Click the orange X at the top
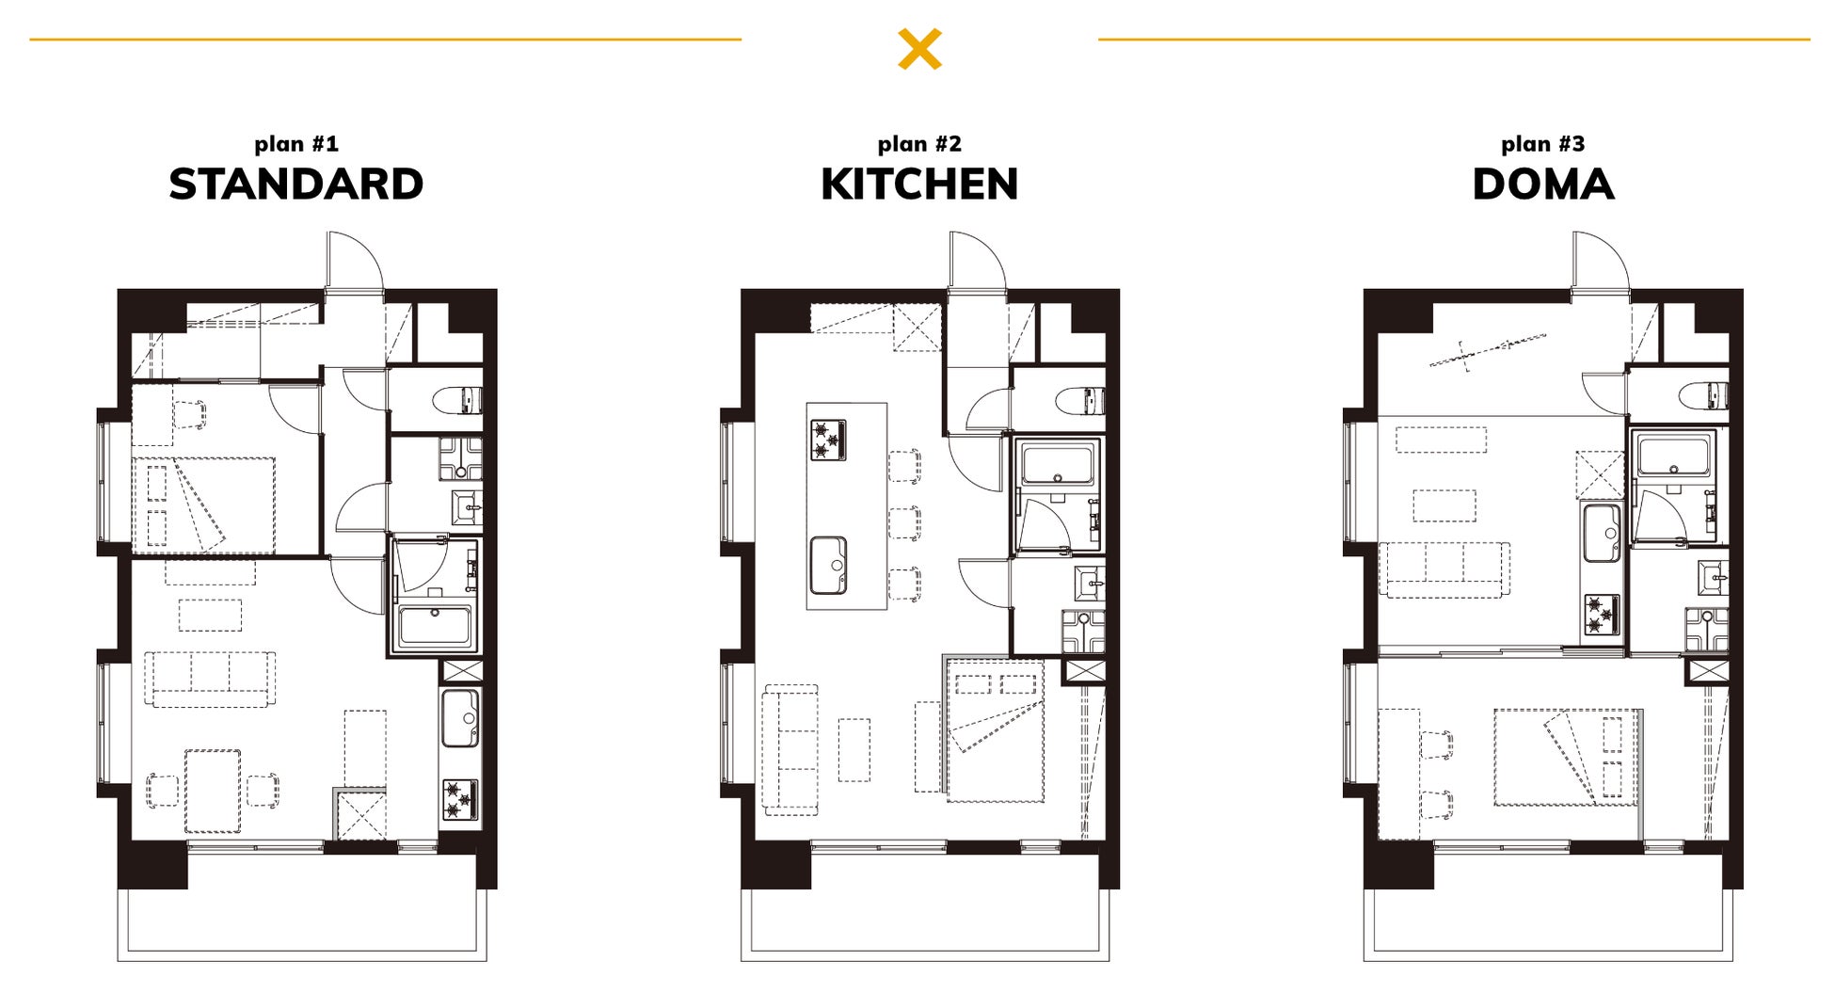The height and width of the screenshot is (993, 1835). tap(919, 49)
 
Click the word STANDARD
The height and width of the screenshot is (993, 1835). tap(296, 184)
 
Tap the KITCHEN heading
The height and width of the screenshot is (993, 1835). tap(919, 184)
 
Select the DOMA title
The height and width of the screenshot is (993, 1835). tap(1543, 184)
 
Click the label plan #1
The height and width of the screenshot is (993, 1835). tap(296, 144)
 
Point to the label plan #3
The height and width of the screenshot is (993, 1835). tap(1543, 144)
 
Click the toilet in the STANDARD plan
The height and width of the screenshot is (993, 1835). tap(458, 400)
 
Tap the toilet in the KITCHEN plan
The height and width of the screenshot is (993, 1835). tap(1081, 400)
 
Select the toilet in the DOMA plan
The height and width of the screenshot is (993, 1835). tap(1705, 395)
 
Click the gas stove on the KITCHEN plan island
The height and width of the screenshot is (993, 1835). tap(828, 440)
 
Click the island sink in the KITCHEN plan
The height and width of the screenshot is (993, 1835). tap(829, 566)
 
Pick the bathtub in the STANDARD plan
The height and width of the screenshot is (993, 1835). tap(434, 626)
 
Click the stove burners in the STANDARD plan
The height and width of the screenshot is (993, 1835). tap(460, 799)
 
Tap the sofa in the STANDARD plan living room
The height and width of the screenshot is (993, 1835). tap(210, 679)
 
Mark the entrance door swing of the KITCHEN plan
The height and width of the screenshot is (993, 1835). tap(979, 260)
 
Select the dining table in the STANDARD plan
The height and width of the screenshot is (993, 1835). tap(213, 791)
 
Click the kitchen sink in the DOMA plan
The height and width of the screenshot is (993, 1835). tap(1602, 533)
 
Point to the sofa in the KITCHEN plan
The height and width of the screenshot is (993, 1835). tap(790, 749)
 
